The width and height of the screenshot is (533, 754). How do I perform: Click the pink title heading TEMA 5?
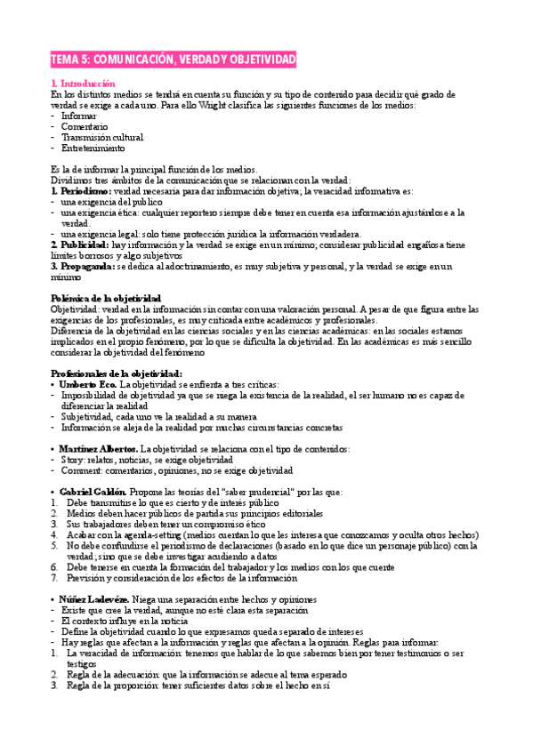coord(174,60)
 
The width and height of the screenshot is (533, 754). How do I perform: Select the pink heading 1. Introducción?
coord(83,83)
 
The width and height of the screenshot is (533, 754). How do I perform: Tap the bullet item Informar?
coord(78,116)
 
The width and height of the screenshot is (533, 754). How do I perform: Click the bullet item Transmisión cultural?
coord(101,137)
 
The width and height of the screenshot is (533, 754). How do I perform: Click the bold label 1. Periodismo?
coord(81,190)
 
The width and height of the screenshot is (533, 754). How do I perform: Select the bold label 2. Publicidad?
coord(80,244)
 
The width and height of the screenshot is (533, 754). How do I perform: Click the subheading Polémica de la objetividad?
coord(105,298)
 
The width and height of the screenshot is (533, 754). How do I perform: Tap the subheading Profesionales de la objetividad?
coord(116,349)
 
